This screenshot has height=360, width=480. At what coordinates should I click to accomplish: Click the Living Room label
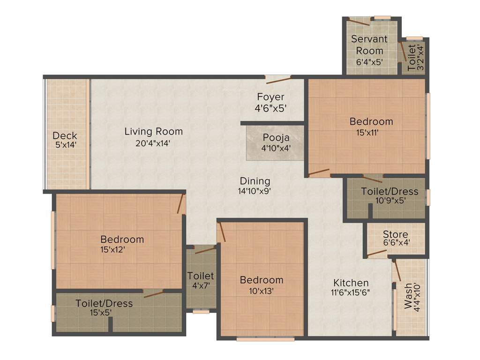click(154, 132)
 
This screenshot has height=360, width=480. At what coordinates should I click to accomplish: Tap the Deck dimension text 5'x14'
click(65, 145)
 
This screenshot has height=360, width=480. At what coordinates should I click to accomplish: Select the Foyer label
click(270, 97)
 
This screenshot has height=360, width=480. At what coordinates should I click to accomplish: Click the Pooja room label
click(276, 138)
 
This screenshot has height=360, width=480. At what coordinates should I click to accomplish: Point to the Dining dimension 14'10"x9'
click(255, 191)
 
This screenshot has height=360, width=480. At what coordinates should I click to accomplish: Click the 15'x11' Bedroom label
click(371, 121)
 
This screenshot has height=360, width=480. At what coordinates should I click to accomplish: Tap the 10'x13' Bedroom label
click(262, 280)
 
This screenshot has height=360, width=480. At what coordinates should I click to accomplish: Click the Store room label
click(395, 234)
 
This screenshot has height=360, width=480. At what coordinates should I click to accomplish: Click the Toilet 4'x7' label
click(201, 276)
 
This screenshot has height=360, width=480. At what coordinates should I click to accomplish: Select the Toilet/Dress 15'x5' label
click(104, 303)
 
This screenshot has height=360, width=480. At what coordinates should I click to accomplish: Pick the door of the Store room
click(377, 255)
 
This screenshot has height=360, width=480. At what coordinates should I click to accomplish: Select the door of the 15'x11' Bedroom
click(319, 172)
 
